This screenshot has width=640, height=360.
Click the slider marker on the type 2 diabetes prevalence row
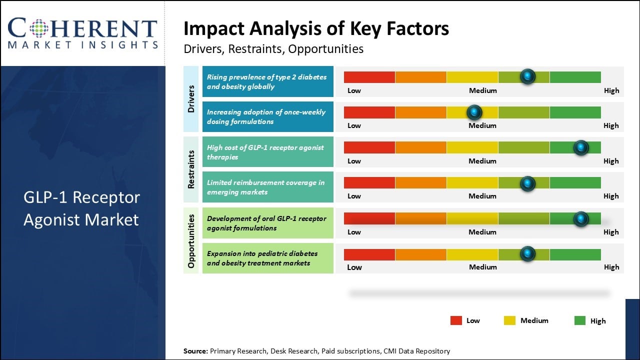tap(527, 76)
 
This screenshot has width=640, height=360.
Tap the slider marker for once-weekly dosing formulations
tap(474, 112)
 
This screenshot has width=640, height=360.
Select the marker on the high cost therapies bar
tap(580, 147)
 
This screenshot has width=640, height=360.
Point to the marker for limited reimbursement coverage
tap(527, 183)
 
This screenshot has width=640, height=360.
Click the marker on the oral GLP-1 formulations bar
tap(580, 218)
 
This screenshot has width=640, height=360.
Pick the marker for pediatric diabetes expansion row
tap(527, 254)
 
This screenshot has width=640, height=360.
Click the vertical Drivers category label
tap(191, 98)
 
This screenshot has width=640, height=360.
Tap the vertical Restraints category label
tap(191, 169)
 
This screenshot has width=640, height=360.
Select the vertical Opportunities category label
tap(191, 240)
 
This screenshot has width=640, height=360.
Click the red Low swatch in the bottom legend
tap(456, 321)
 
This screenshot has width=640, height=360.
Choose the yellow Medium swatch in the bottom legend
tap(509, 321)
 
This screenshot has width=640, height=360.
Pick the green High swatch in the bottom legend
tap(580, 321)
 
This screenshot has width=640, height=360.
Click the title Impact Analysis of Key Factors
tap(316, 29)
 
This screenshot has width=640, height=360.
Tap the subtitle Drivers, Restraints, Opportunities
tap(273, 49)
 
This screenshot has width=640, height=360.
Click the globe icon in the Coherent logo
tap(38, 28)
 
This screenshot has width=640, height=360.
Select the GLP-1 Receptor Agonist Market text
tap(81, 208)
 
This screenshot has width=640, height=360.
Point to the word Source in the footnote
tap(195, 351)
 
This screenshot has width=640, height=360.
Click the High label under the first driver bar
tap(611, 90)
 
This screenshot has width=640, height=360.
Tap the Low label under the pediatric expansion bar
tap(354, 267)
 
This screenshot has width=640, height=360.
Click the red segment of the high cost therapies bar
tap(369, 147)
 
